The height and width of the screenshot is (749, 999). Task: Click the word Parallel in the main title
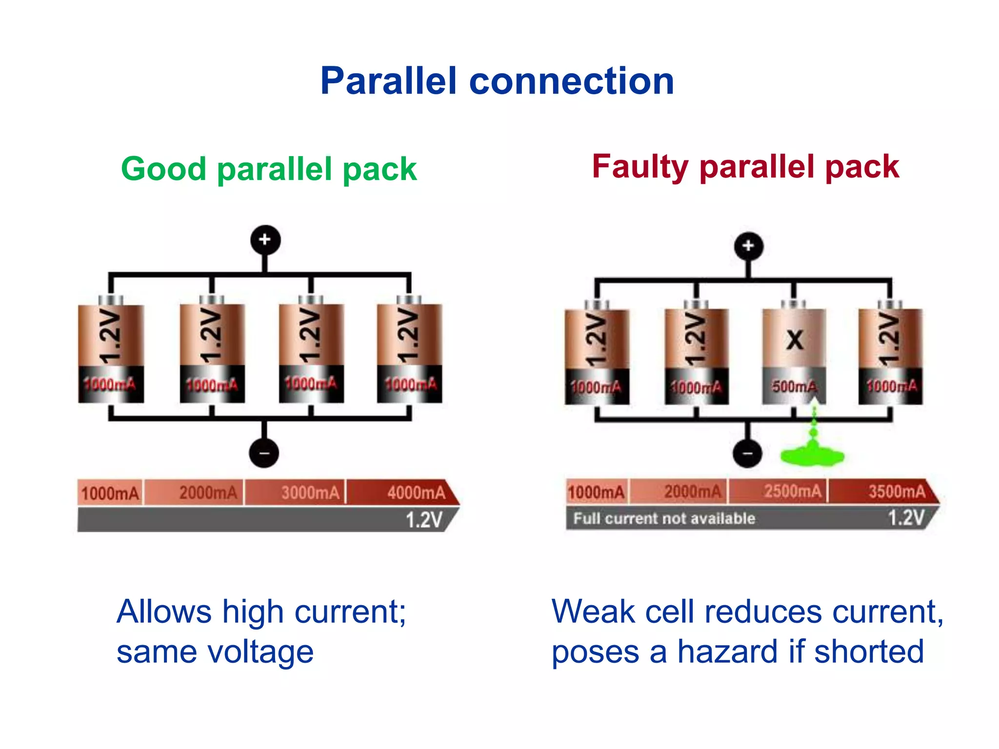point(388,81)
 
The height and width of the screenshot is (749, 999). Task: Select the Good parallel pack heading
point(269,169)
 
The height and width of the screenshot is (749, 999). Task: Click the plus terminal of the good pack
point(265,239)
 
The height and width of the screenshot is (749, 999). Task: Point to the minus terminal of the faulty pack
point(747,453)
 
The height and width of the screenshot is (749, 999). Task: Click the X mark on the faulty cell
point(795,340)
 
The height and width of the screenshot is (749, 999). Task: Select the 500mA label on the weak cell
point(794,387)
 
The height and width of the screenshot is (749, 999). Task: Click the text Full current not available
point(664,518)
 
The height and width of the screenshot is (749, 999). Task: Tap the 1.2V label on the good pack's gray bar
point(423,520)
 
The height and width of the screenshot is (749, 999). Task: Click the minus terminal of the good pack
point(264,453)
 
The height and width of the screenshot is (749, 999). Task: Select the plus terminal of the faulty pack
point(748,246)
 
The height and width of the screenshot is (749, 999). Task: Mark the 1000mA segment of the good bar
point(110,493)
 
